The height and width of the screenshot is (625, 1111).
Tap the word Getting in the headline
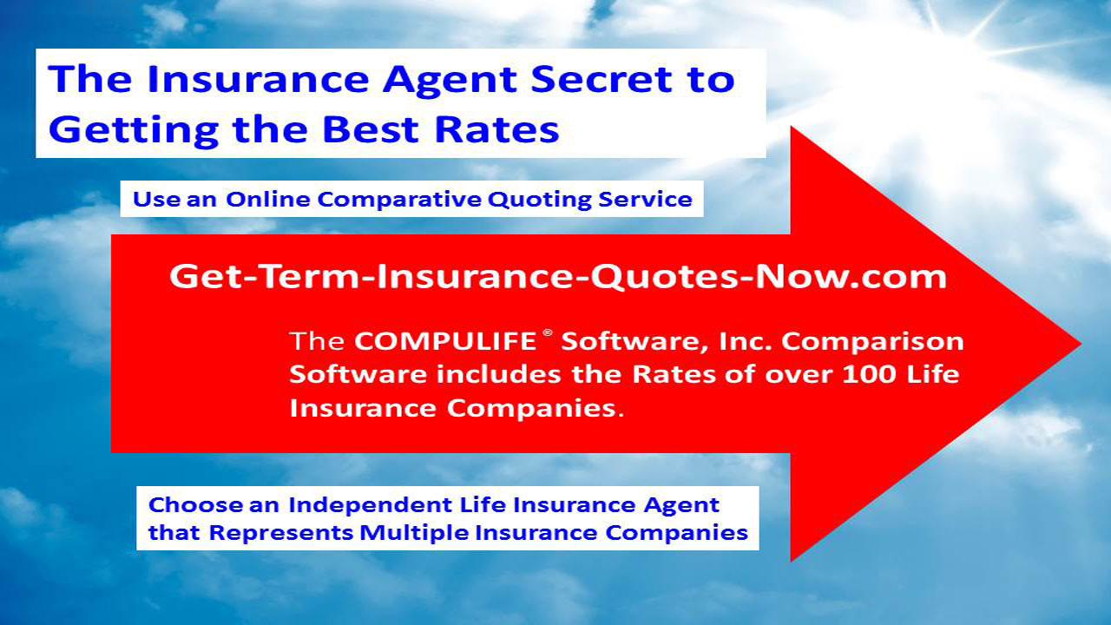click(134, 130)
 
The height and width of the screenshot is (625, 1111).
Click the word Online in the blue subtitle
click(268, 199)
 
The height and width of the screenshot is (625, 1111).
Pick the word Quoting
click(540, 201)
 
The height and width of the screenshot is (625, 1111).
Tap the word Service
click(645, 199)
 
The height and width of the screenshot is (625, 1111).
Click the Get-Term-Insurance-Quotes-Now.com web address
click(558, 276)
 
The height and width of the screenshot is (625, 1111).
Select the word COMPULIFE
click(445, 341)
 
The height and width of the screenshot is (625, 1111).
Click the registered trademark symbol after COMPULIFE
click(548, 332)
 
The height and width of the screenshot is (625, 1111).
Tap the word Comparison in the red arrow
click(872, 342)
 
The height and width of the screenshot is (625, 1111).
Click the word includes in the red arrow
click(500, 374)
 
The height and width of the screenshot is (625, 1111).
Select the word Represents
click(280, 534)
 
